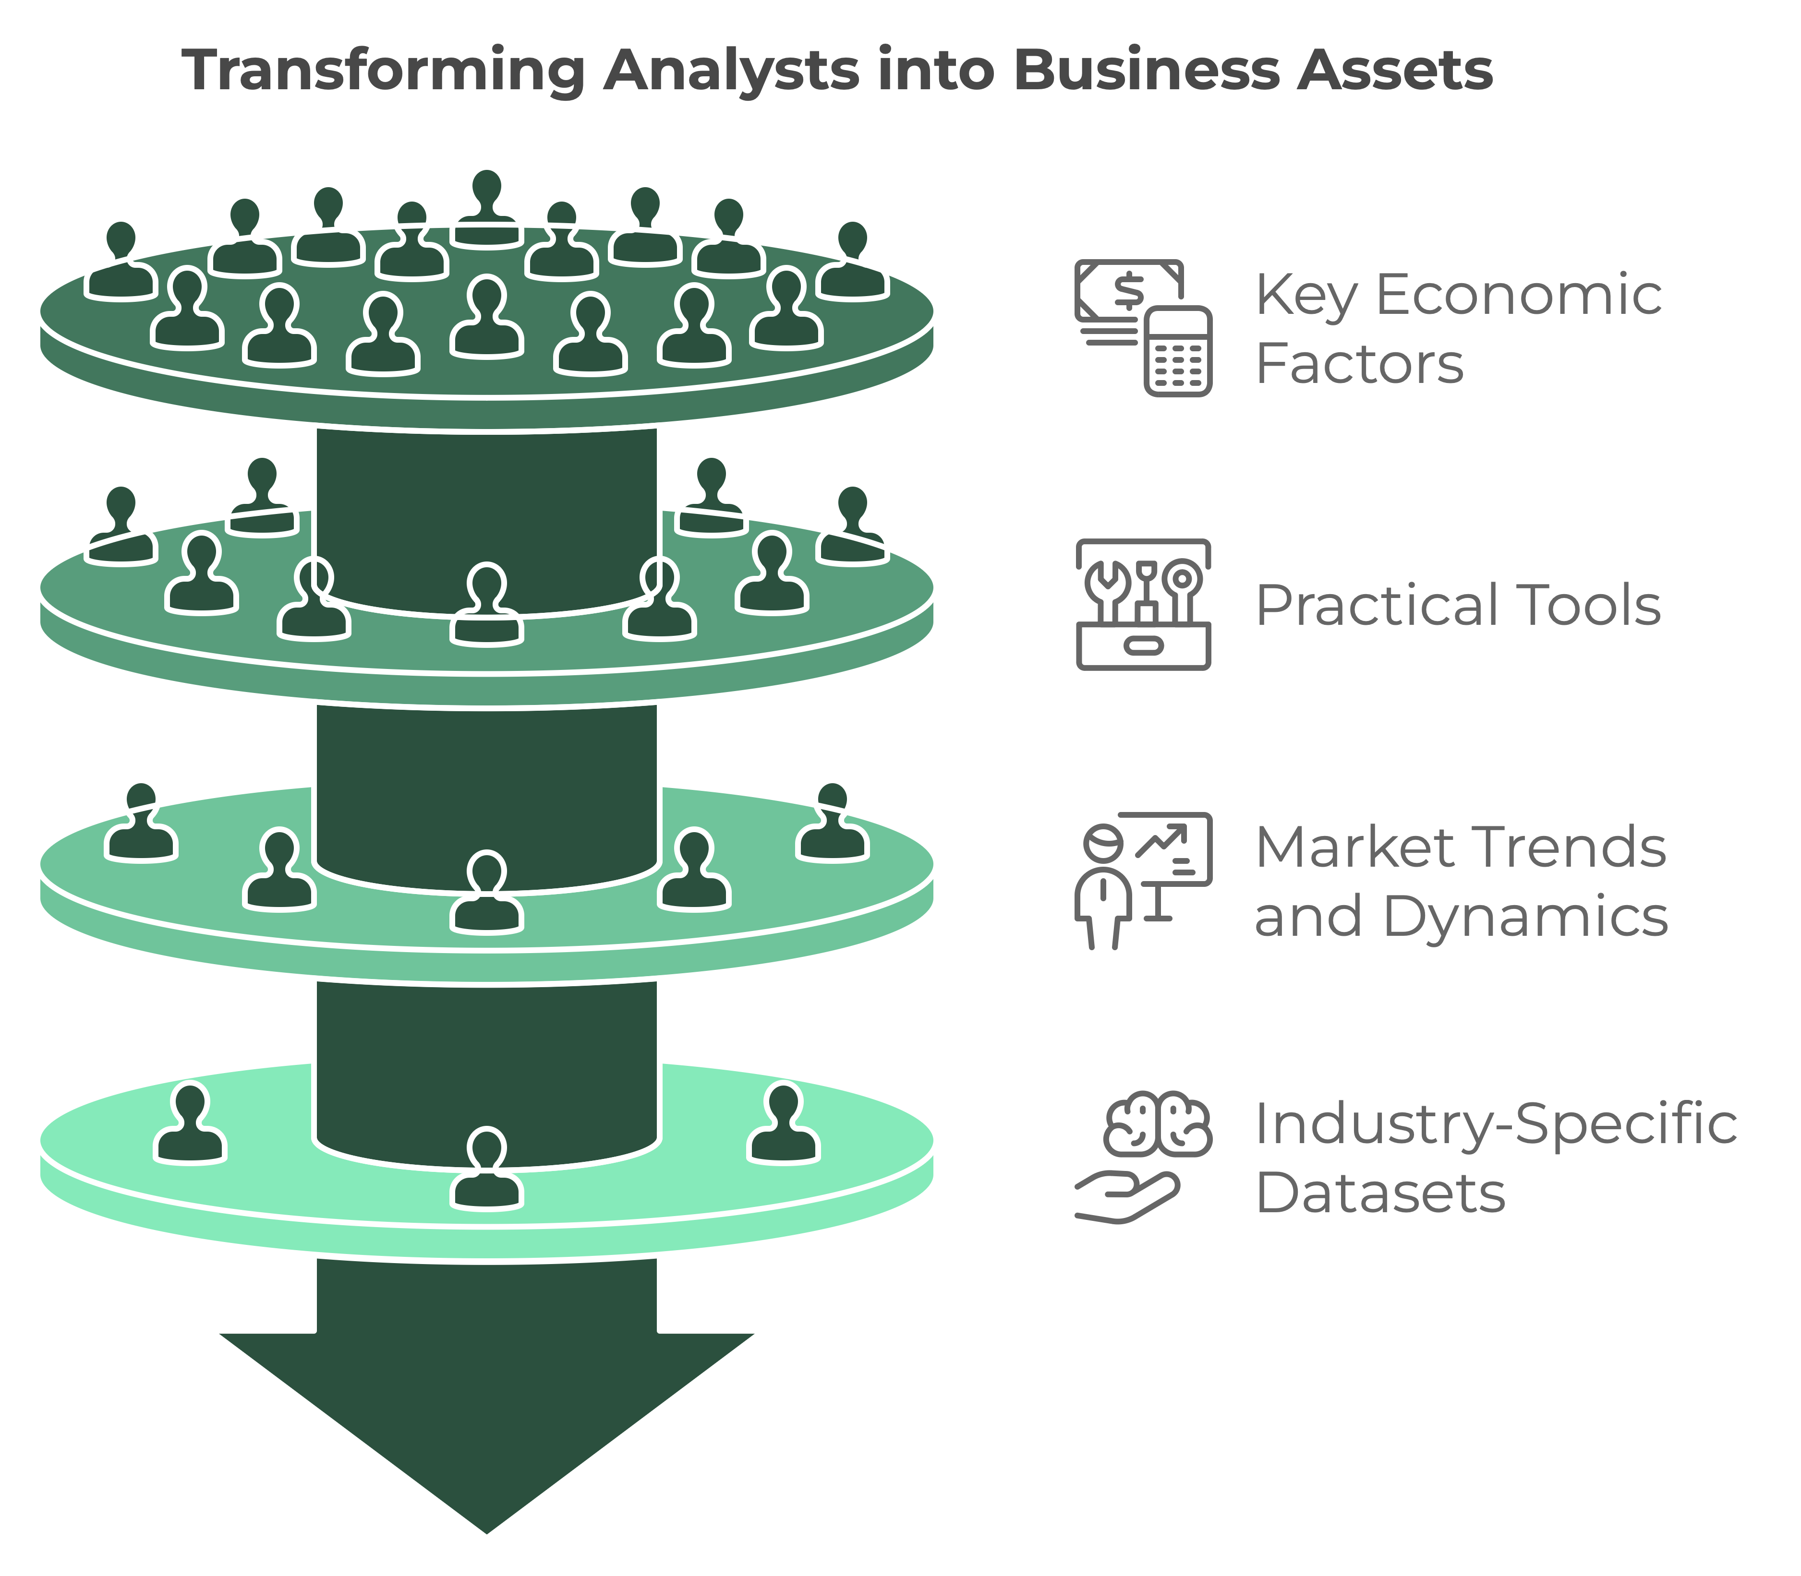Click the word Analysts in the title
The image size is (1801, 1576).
(x=730, y=71)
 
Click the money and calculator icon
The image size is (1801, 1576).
(x=1143, y=327)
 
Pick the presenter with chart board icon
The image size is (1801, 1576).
(x=1143, y=880)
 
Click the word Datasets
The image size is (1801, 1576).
(x=1379, y=1194)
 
